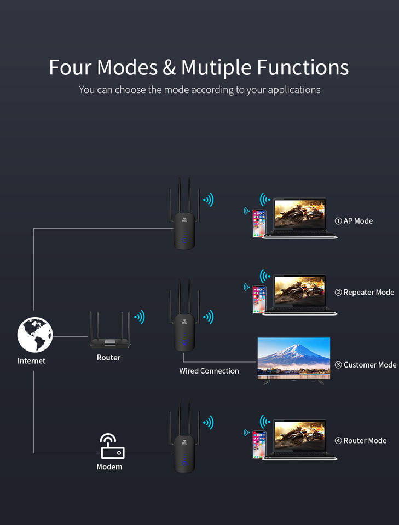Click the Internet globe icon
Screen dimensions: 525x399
pos(34,335)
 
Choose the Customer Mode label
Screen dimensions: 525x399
pos(365,365)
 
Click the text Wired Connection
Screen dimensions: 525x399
pos(209,371)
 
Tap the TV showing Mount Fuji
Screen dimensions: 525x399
pos(294,358)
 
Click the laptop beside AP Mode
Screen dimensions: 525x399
pos(299,217)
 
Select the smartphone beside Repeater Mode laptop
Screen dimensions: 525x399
pos(258,299)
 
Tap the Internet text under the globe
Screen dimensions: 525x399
pos(31,361)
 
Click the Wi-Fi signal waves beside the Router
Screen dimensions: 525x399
pos(140,317)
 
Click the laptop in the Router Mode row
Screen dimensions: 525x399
pos(299,439)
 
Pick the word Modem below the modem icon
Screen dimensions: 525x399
pos(109,467)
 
